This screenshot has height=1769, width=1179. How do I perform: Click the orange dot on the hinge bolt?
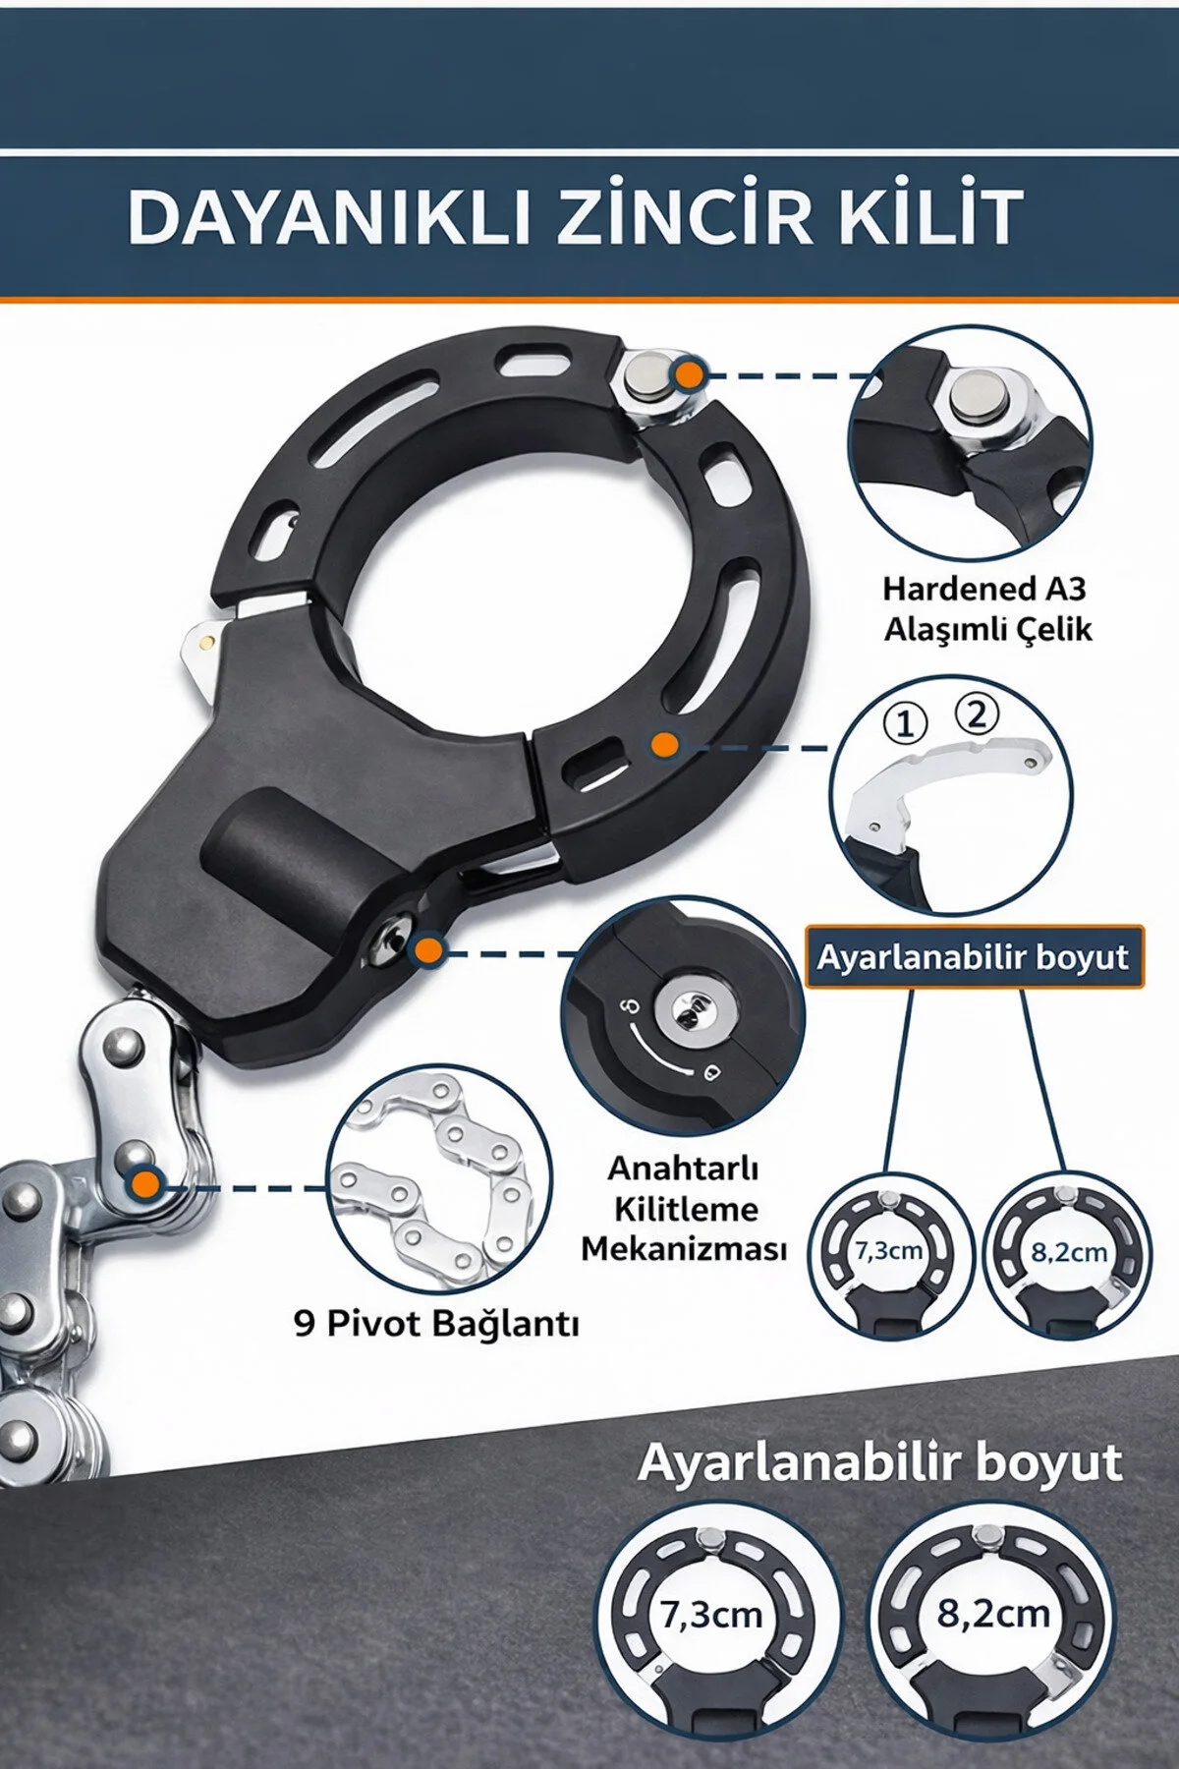691,374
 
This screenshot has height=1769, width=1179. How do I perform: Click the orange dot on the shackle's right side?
665,744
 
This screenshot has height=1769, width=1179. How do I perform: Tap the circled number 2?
976,714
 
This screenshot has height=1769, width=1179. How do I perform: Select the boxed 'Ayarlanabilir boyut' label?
974,956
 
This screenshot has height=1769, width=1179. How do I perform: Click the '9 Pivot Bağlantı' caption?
436,1325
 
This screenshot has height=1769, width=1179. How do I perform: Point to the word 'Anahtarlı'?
683,1169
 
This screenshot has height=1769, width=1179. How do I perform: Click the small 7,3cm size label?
888,1251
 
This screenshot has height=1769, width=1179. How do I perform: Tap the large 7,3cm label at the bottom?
712,1615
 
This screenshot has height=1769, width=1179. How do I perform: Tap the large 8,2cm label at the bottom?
993,1613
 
